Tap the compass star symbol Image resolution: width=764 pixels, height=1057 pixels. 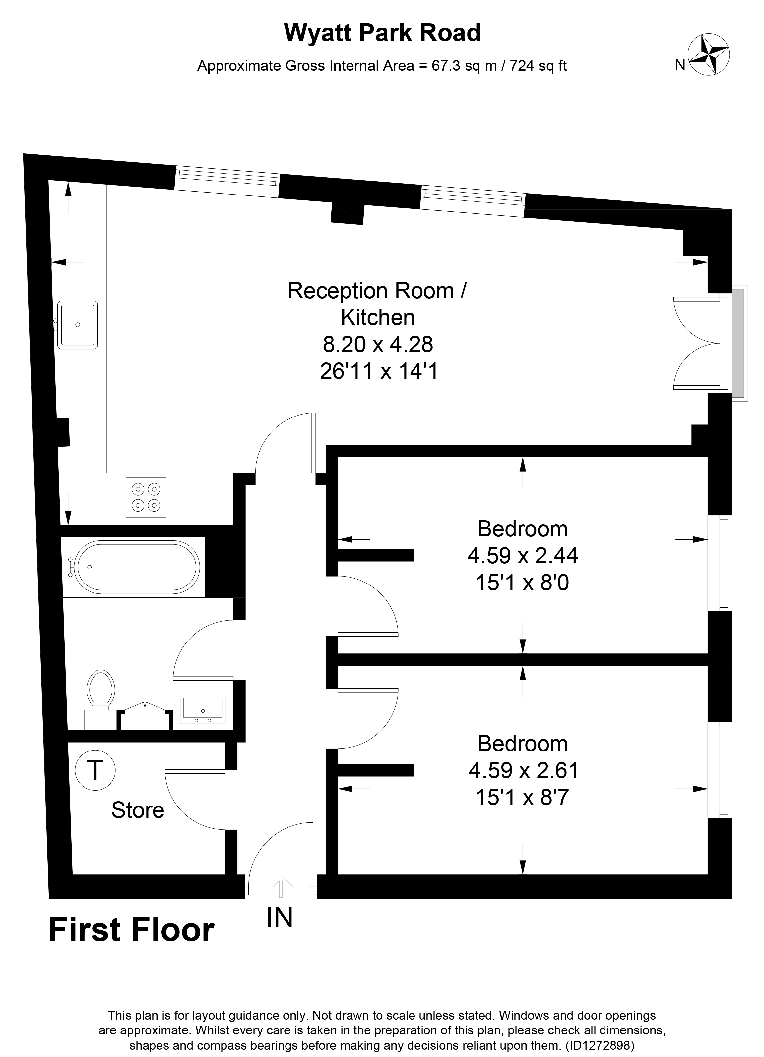point(709,55)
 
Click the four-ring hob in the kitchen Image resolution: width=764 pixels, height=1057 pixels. point(146,497)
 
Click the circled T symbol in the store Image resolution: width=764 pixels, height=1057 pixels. point(95,770)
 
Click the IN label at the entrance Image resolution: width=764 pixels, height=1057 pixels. point(280,917)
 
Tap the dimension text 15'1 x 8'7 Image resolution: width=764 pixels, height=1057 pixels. point(522,797)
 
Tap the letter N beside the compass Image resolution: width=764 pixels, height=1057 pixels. point(680,65)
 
